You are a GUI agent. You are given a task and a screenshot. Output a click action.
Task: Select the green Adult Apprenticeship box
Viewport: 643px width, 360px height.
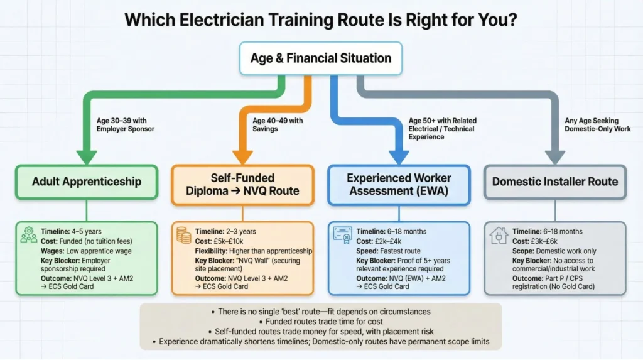tap(87, 182)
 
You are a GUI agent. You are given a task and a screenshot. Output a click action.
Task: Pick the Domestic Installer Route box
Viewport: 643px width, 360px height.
tap(554, 182)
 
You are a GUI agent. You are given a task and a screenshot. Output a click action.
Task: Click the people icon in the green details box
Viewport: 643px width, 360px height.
tap(29, 235)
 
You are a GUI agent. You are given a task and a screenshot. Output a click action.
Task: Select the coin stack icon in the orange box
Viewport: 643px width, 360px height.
tap(184, 236)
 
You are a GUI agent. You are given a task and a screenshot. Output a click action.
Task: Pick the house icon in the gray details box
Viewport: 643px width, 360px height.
tap(498, 236)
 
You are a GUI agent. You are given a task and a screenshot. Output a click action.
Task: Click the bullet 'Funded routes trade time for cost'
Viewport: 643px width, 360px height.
tap(320, 322)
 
